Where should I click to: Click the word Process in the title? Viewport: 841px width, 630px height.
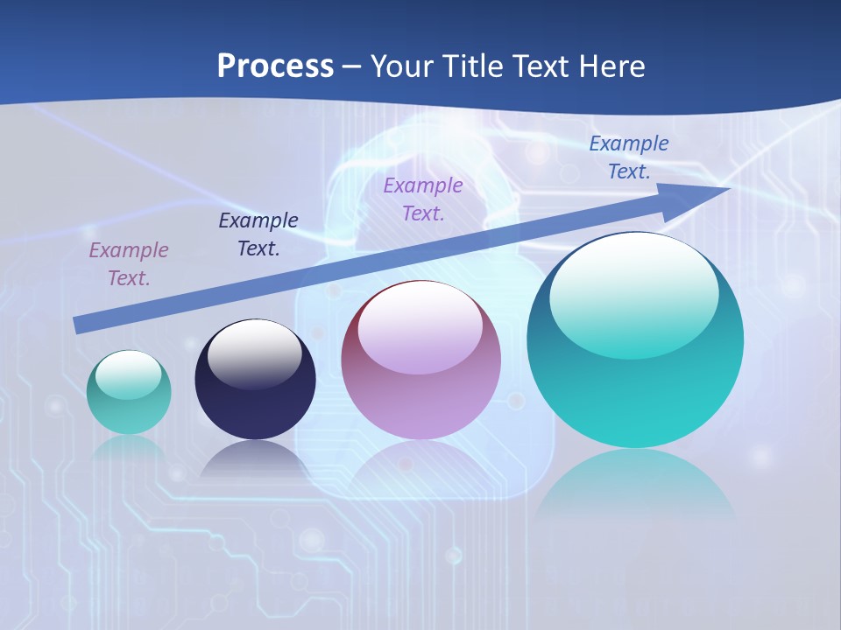275,66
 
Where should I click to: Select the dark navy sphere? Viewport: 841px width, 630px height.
255,394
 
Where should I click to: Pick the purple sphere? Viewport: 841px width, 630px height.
420,394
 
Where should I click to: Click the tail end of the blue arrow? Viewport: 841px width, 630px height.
79,325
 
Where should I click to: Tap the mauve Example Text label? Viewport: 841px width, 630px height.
129,263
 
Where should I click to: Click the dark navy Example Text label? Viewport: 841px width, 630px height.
258,234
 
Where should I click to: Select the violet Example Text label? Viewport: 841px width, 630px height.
423,199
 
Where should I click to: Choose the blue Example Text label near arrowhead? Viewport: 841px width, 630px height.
629,157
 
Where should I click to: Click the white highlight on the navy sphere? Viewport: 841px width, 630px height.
255,355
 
